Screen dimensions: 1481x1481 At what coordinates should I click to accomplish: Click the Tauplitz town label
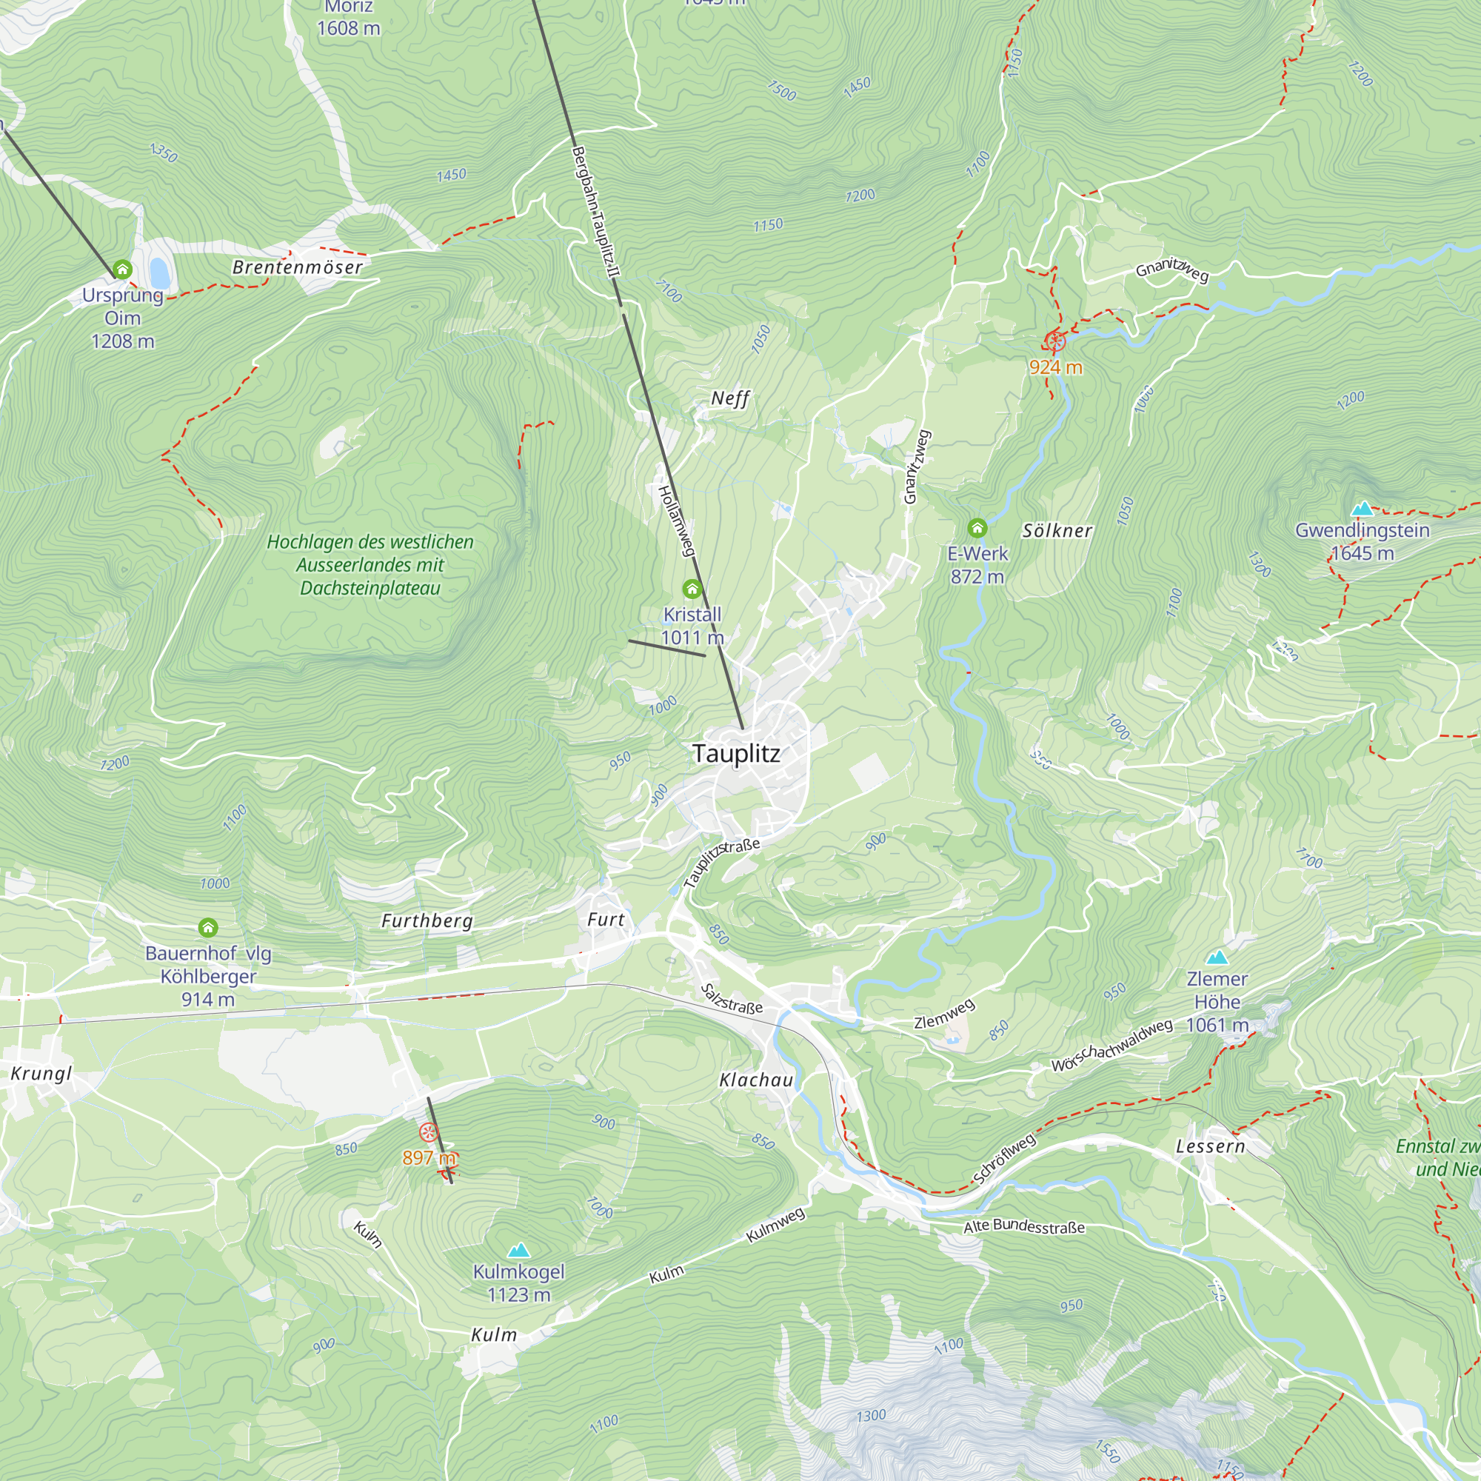point(736,754)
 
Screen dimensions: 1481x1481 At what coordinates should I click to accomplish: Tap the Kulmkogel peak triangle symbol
point(519,1250)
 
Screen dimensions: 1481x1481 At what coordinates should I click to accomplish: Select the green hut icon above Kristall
point(692,589)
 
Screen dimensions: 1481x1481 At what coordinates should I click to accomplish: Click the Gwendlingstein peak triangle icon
point(1362,508)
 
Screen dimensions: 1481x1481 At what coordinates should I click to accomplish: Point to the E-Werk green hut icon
point(977,527)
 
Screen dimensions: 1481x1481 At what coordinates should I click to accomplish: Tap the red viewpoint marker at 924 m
point(1055,341)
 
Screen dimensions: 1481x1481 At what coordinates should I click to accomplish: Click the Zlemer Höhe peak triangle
point(1217,957)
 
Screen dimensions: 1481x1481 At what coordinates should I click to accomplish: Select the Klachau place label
point(756,1080)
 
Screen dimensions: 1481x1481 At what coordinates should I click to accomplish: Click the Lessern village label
point(1211,1146)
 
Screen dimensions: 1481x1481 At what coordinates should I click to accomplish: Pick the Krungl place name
point(41,1073)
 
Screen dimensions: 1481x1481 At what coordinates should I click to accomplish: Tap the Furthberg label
point(427,920)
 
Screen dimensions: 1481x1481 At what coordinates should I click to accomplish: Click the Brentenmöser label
point(298,267)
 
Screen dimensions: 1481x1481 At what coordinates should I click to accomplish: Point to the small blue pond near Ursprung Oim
point(159,272)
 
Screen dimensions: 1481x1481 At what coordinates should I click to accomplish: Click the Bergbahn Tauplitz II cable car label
point(595,213)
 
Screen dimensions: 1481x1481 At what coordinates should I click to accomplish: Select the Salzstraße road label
point(732,999)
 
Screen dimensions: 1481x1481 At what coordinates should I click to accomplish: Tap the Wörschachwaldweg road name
point(1111,1046)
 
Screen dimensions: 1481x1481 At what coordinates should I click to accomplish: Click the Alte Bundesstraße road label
point(1023,1226)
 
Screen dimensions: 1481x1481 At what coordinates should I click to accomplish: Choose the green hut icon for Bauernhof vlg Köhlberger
point(208,929)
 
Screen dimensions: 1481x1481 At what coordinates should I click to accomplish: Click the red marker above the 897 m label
point(429,1132)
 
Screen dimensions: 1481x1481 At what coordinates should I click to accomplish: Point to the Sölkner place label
point(1057,530)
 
